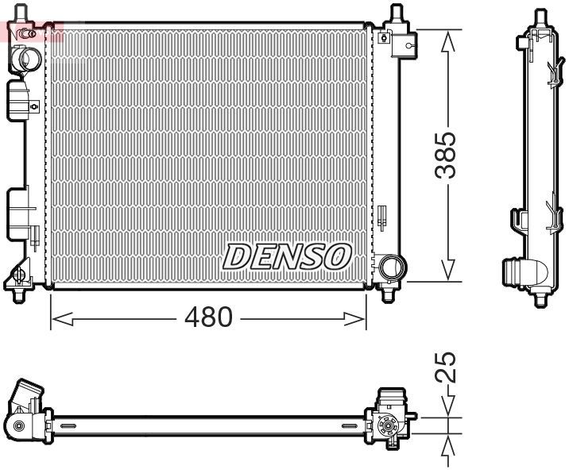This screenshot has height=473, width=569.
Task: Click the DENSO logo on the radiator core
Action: [x=287, y=256]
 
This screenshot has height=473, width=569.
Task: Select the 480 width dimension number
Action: [x=209, y=318]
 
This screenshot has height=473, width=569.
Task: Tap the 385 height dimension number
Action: [x=450, y=156]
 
